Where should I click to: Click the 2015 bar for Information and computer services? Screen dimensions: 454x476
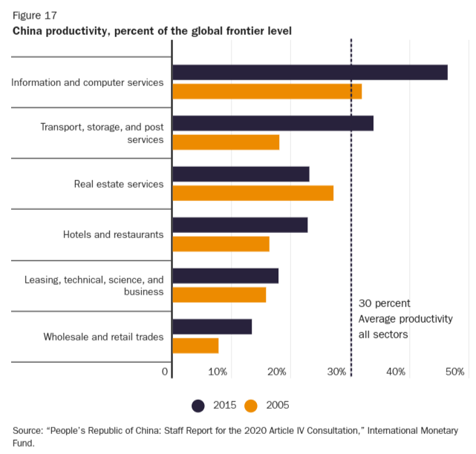pos(310,72)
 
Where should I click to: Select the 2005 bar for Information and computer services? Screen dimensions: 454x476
pos(267,91)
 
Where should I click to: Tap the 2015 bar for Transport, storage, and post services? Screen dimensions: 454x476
pos(273,123)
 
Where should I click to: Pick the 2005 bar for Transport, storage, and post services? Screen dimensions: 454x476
pos(226,142)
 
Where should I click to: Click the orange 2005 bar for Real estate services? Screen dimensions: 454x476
pos(252,193)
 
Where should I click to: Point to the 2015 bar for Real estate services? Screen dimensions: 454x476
pos(241,174)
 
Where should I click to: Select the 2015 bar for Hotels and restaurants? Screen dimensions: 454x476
pos(240,225)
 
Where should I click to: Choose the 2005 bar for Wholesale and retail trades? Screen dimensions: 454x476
pos(195,346)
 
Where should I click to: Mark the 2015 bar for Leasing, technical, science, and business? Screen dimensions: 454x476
pos(225,276)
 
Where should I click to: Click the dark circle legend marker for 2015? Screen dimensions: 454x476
pos(198,405)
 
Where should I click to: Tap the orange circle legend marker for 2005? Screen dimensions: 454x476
pos(251,405)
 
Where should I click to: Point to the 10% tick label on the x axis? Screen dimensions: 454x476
pos(218,372)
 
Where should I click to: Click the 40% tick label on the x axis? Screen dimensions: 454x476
pos(396,372)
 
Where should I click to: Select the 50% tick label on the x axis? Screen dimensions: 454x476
pos(455,372)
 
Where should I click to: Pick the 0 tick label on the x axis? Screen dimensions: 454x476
pos(165,372)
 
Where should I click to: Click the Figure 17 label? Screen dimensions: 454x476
pos(34,15)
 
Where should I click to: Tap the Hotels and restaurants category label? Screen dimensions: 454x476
pos(113,234)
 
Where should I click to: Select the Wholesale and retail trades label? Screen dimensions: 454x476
pos(103,337)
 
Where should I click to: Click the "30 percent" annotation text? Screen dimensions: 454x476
pos(384,303)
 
